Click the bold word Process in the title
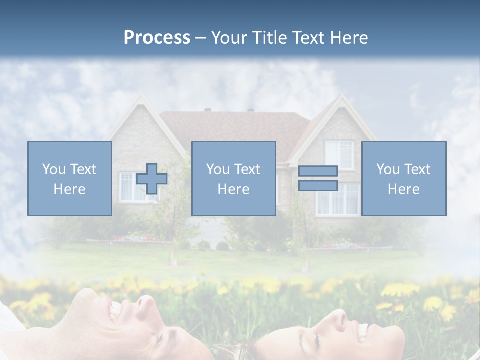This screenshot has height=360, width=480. coord(157,37)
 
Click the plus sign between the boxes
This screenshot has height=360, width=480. coord(152,179)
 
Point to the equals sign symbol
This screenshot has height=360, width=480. coord(318,178)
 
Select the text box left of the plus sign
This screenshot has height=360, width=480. coord(69,178)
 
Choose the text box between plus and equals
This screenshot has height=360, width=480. coord(233,178)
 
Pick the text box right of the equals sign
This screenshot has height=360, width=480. coord(403,178)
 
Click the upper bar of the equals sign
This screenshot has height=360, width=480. coord(318,171)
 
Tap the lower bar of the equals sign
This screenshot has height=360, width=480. coord(318,185)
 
